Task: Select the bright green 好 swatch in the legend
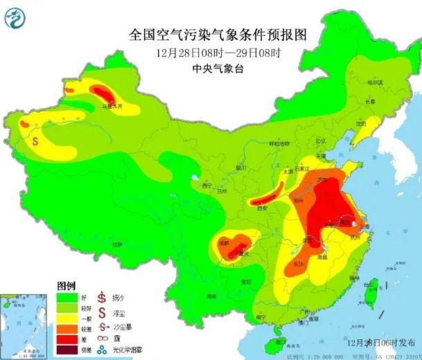click(x=66, y=296)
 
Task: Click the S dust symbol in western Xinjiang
click(x=36, y=138)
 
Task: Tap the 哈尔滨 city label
click(x=374, y=82)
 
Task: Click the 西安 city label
click(x=262, y=207)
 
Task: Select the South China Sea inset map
click(x=23, y=322)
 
